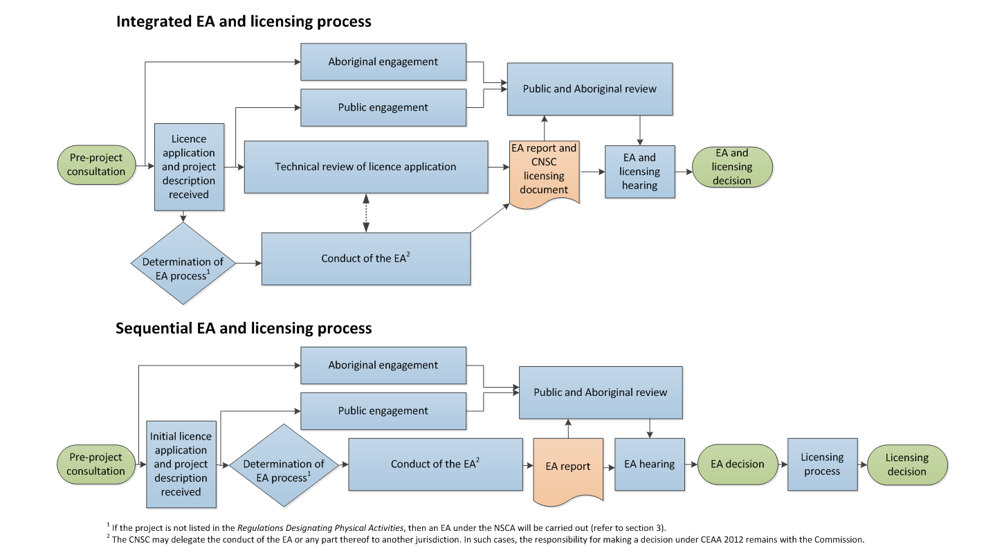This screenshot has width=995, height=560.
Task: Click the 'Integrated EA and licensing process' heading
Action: coord(244,21)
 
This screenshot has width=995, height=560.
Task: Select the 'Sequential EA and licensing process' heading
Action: coord(244,327)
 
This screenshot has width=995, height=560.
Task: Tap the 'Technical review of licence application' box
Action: coord(365,167)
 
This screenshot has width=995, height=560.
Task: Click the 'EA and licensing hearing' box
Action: coord(639,172)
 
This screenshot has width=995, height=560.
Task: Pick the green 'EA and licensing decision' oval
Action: coord(733,167)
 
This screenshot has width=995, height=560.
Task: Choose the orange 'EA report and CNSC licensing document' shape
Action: coord(544,170)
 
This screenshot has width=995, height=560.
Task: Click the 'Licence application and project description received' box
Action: coord(189,167)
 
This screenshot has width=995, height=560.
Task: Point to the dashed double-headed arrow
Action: coord(366,213)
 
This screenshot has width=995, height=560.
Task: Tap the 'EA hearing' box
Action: coord(649,464)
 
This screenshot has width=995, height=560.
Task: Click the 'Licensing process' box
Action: coord(822,464)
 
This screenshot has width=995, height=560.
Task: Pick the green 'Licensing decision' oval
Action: coord(906,464)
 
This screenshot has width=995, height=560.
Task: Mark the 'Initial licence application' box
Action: coord(181,464)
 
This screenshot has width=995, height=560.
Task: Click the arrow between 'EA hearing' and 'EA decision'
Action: coord(691,464)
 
